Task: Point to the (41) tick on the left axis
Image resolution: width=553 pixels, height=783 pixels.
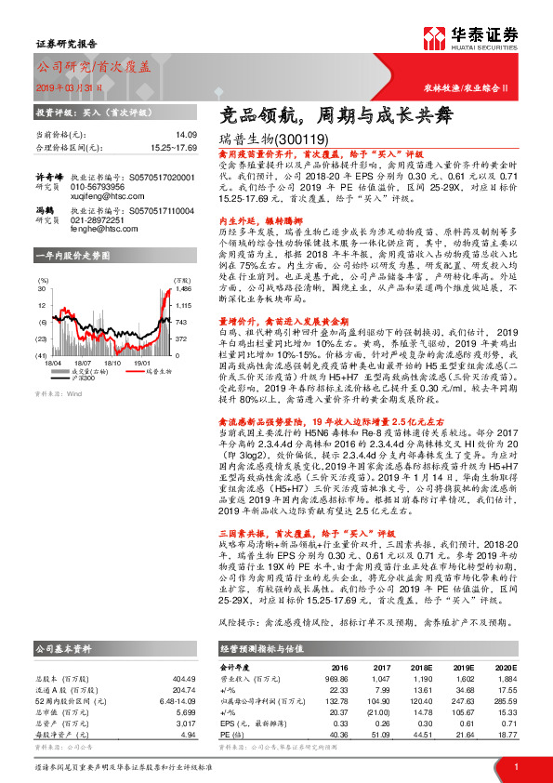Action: coord(42,356)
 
